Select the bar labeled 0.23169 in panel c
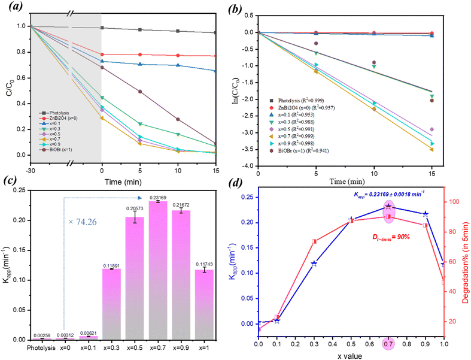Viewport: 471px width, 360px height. tap(158, 270)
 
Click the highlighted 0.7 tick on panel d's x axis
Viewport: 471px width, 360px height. tap(388, 344)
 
